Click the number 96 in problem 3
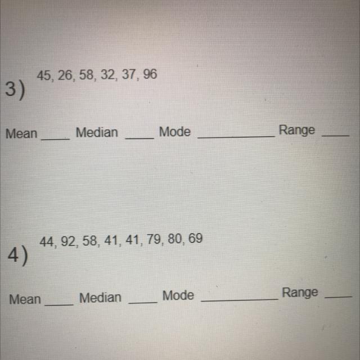point(150,75)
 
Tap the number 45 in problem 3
point(45,75)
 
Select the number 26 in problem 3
point(66,75)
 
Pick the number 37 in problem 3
point(129,75)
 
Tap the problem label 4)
point(19,256)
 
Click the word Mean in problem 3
point(21,134)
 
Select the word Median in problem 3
point(97,133)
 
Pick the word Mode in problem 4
point(178,295)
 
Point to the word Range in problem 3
point(297,130)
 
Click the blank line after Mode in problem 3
point(236,136)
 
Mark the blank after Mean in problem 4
point(59,304)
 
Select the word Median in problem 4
point(100,298)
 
